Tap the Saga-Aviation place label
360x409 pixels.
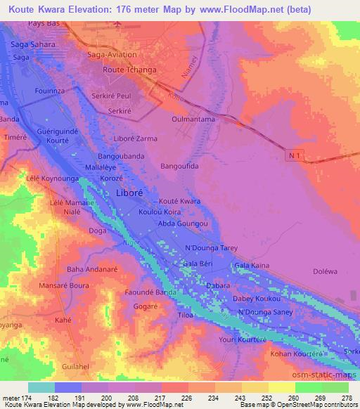pos(111,54)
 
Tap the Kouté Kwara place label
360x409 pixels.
pos(179,201)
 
